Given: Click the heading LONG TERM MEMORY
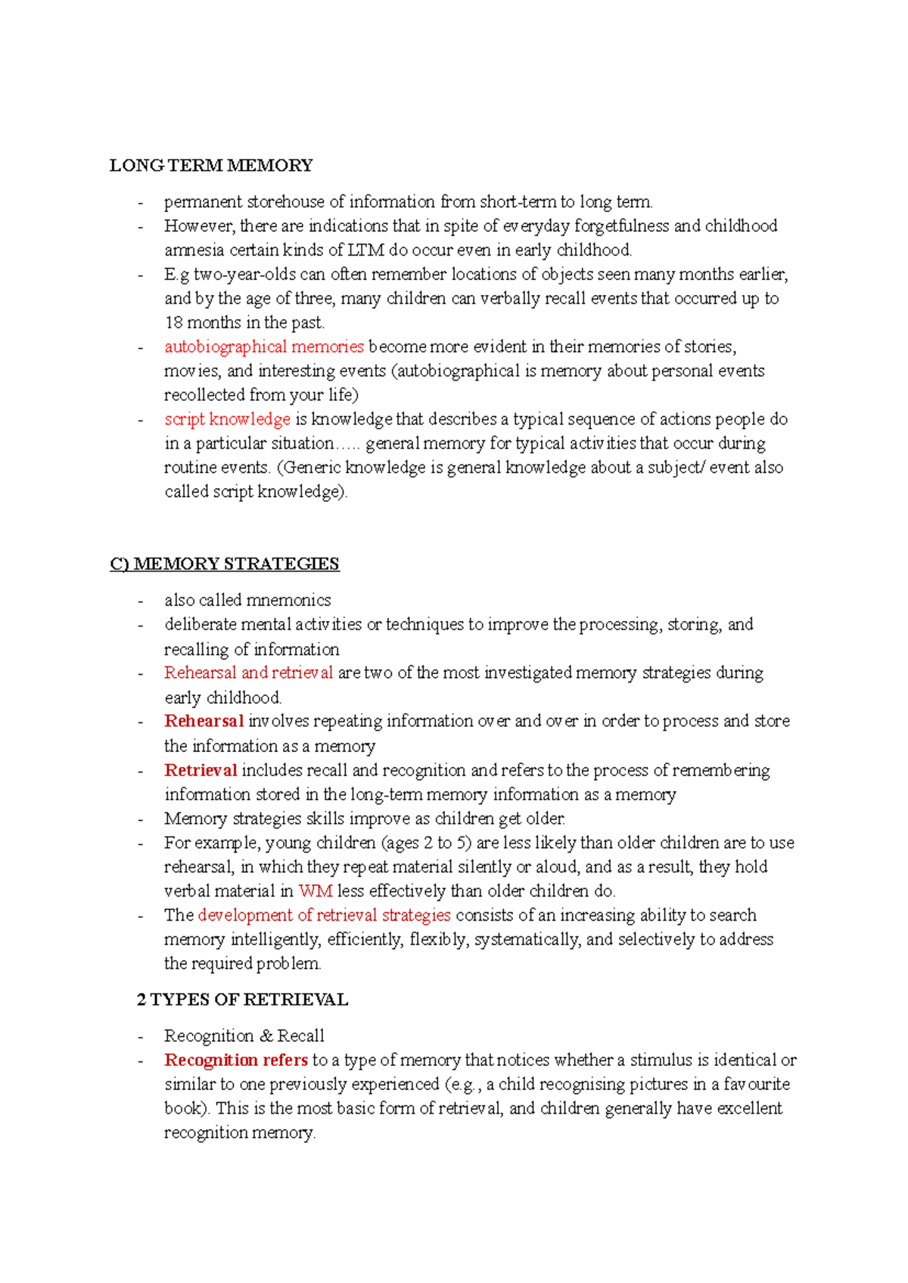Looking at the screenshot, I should (x=211, y=166).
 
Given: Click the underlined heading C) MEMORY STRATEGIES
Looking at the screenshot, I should (x=225, y=564).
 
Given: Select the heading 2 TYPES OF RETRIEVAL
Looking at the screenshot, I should (x=242, y=999).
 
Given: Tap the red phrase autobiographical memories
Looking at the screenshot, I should (x=264, y=346).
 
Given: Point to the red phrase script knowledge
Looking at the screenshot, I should (x=227, y=419).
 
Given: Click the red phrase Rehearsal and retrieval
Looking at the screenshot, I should (x=248, y=673).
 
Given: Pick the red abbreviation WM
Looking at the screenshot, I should (x=316, y=890).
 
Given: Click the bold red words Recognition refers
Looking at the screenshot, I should (x=236, y=1060).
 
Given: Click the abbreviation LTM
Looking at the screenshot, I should (x=365, y=250).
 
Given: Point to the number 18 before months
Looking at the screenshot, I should (x=173, y=322).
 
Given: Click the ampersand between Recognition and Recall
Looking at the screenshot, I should (x=266, y=1036).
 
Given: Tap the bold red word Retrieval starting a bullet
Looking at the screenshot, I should (x=201, y=770).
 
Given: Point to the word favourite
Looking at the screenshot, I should (x=757, y=1084).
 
